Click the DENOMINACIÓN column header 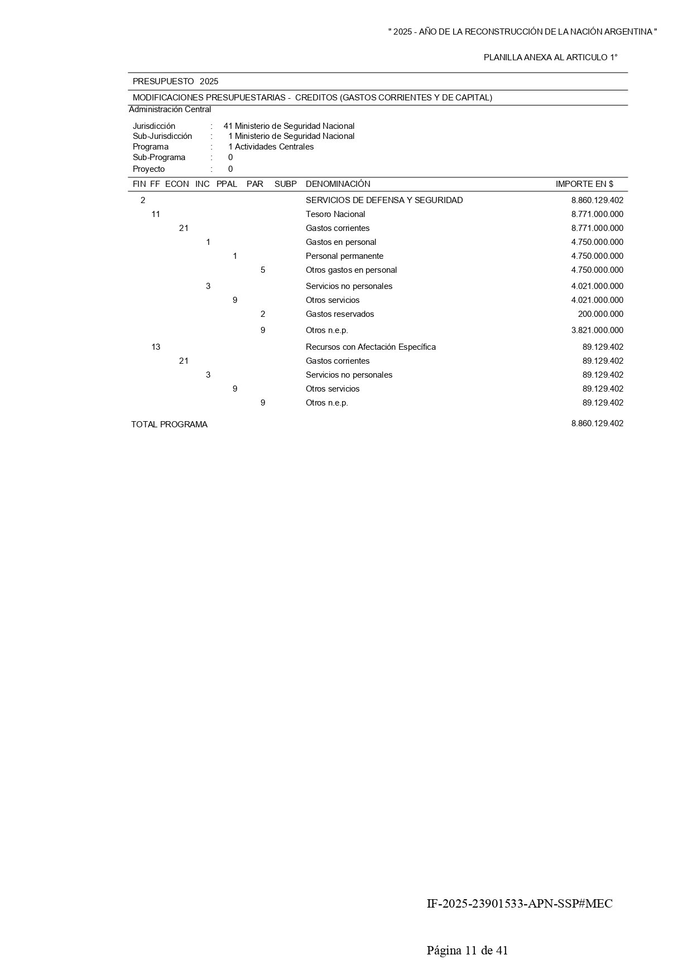click(x=338, y=184)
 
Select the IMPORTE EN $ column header click(x=584, y=184)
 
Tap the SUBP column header click(x=285, y=184)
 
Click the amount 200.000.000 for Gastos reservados click(x=600, y=314)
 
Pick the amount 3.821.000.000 click(x=597, y=330)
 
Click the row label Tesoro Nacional click(x=335, y=214)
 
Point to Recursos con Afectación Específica click(x=371, y=347)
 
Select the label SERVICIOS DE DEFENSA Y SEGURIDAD click(x=384, y=200)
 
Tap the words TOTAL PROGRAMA click(x=169, y=425)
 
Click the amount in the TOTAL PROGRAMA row click(x=597, y=423)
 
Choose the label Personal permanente click(x=344, y=256)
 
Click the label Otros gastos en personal click(x=351, y=270)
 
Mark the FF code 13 click(x=156, y=347)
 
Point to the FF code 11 click(x=156, y=214)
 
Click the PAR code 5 click(x=263, y=270)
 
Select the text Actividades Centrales click(x=274, y=147)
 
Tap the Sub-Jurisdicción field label click(x=162, y=136)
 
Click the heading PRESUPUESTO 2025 click(x=175, y=81)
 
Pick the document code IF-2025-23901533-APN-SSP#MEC click(x=519, y=904)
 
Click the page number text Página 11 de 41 click(x=467, y=951)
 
